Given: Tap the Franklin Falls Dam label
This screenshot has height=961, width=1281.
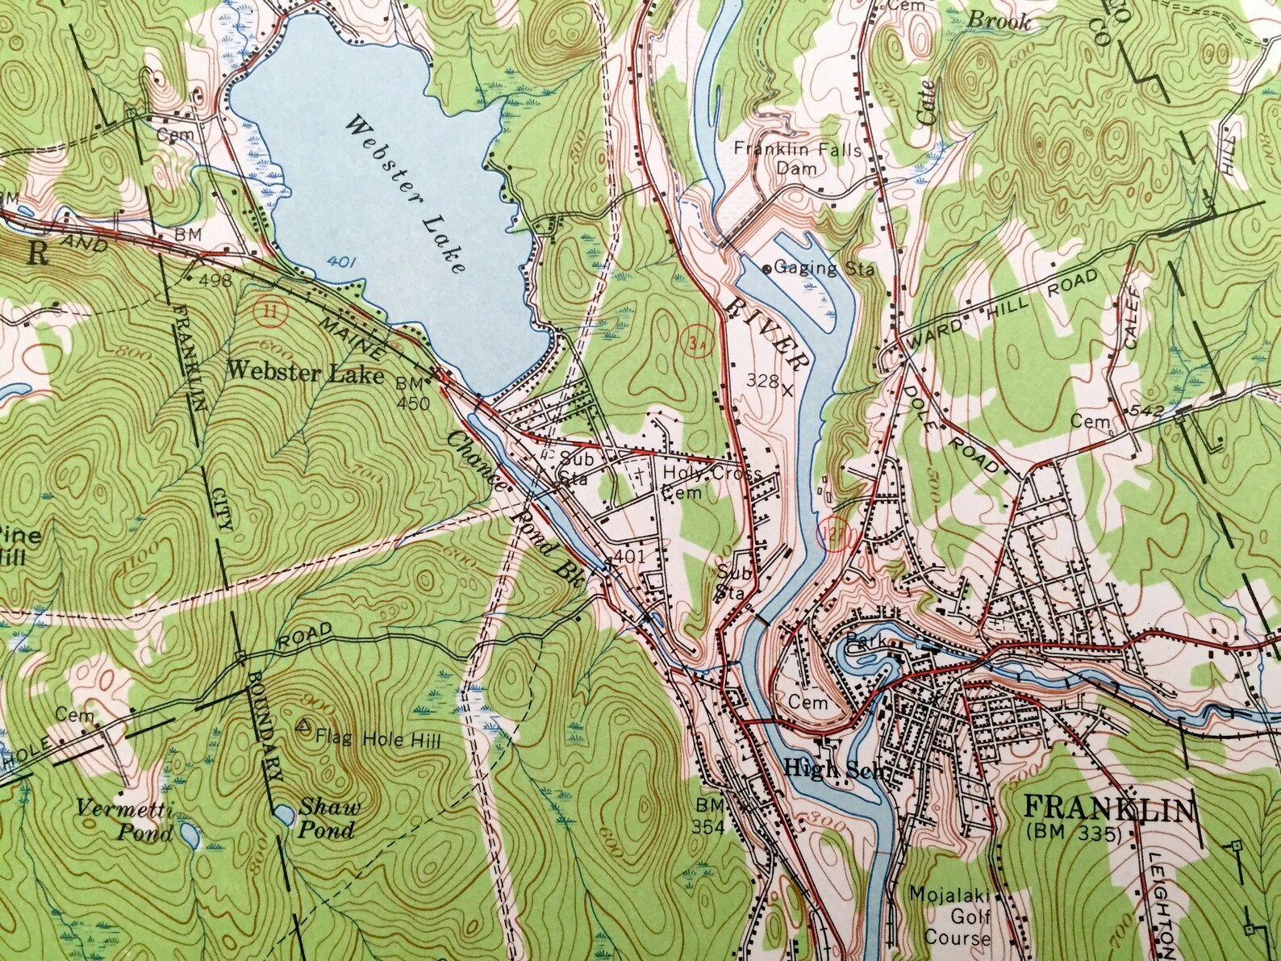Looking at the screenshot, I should [x=797, y=159].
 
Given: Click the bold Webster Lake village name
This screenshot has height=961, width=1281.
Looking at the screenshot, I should [x=305, y=370].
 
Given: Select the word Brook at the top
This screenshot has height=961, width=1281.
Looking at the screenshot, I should [x=999, y=21].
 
